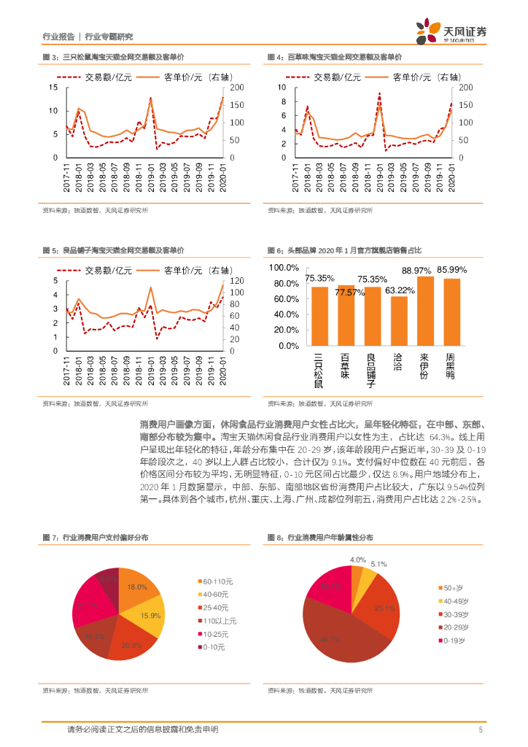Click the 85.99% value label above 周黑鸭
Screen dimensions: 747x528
point(451,269)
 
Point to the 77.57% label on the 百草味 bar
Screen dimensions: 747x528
point(350,293)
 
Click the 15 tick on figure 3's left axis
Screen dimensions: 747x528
point(53,88)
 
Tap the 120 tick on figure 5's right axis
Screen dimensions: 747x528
point(236,281)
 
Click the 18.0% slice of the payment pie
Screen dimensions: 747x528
point(136,587)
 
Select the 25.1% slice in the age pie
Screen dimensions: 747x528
point(384,608)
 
